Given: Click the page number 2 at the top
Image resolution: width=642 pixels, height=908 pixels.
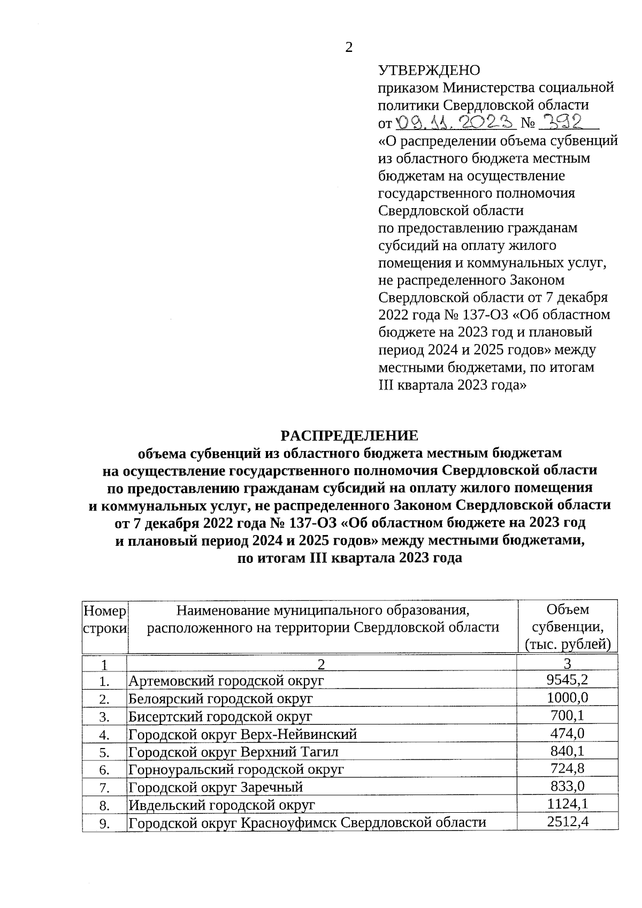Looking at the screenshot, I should point(349,48).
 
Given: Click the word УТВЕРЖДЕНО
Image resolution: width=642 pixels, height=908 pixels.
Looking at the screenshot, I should point(429,70).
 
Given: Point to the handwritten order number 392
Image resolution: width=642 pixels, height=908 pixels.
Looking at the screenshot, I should point(560,123).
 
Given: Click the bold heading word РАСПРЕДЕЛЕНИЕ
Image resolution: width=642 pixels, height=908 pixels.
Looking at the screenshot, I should point(349,436).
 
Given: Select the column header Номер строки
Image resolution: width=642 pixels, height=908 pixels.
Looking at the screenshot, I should point(105,619).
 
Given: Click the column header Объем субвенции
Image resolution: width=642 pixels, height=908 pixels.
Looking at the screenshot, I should point(567,627).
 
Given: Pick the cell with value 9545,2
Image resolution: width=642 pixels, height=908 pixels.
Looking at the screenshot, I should point(568,680).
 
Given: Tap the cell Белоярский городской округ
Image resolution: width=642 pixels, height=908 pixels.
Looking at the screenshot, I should point(220,698).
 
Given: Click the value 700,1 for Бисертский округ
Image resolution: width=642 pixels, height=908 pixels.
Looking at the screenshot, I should point(568,715).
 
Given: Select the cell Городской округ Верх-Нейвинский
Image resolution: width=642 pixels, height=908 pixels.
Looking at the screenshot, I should point(242,734).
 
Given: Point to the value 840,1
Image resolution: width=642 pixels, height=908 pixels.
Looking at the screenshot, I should point(568,751).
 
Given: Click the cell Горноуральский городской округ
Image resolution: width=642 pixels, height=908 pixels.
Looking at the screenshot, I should point(236,769).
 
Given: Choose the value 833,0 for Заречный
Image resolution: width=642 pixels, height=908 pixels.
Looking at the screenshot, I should point(568,786).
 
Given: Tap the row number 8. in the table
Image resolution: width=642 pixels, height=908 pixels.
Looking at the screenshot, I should point(104,805).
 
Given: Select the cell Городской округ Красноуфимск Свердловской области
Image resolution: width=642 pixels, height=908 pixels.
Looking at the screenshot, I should point(307,822).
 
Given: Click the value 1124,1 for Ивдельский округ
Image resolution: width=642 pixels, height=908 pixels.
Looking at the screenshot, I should point(568,804).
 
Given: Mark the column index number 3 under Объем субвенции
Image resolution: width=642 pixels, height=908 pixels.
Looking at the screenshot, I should point(568,664).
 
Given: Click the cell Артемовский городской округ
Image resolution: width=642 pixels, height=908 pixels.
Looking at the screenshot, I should point(226,681).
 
